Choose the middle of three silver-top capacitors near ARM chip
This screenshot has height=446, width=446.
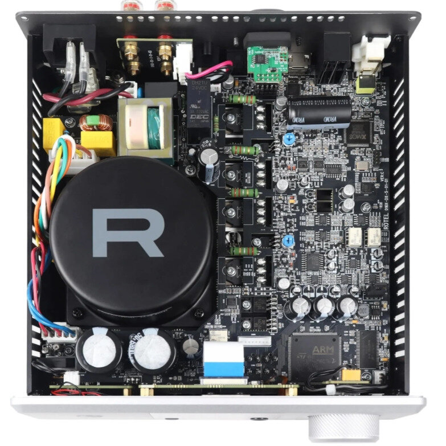pos(324,307)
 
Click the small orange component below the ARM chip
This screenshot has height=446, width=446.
pos(349,376)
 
